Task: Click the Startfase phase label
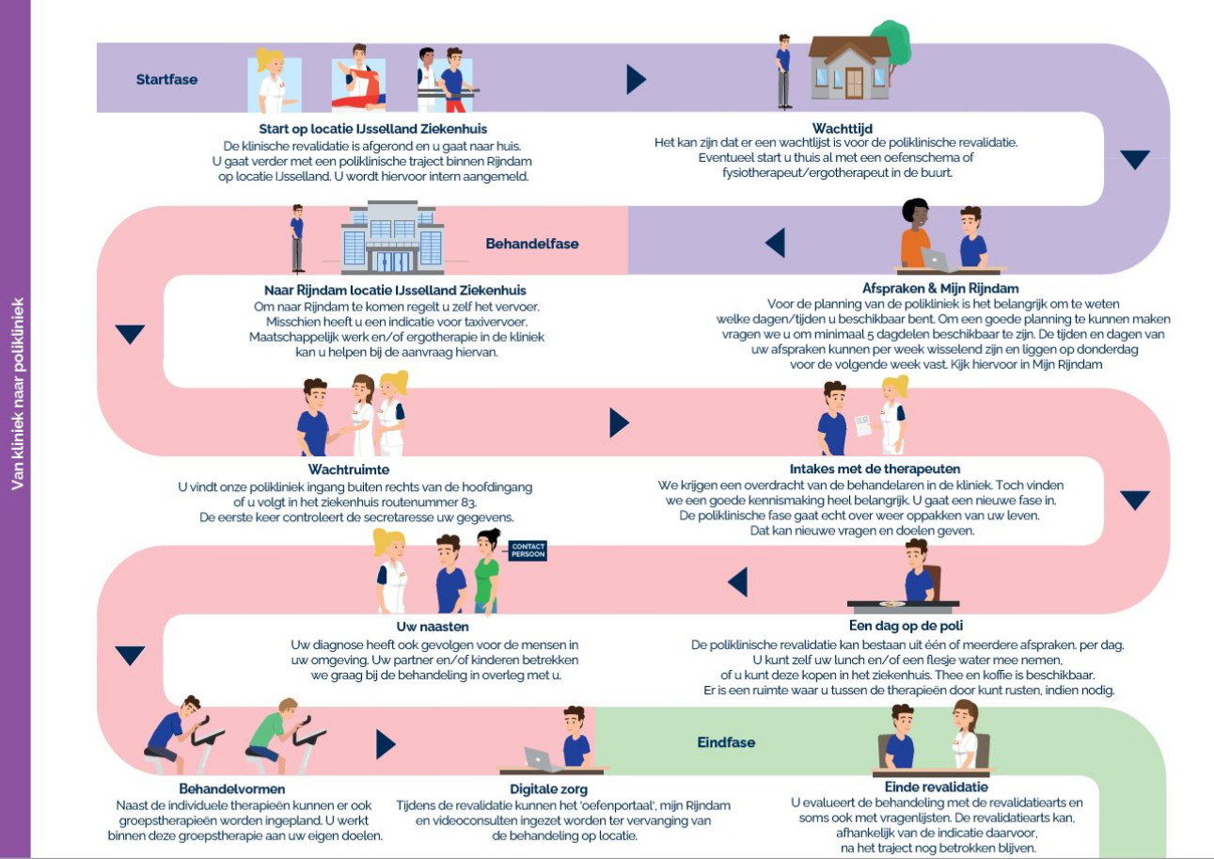(x=166, y=80)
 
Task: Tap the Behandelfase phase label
(x=531, y=244)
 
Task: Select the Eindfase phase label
(x=726, y=742)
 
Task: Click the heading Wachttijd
(x=842, y=129)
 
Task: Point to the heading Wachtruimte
(x=349, y=469)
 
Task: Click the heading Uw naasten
(x=433, y=627)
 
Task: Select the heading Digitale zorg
(x=548, y=789)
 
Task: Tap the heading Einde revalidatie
(x=936, y=787)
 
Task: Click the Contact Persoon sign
(x=528, y=550)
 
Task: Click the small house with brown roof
(x=849, y=68)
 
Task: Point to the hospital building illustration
(x=392, y=237)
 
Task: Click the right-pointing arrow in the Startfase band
(x=637, y=79)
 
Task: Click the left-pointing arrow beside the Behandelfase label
(x=775, y=243)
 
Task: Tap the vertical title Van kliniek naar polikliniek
(x=17, y=393)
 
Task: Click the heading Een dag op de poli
(x=906, y=626)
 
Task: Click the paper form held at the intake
(x=863, y=425)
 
